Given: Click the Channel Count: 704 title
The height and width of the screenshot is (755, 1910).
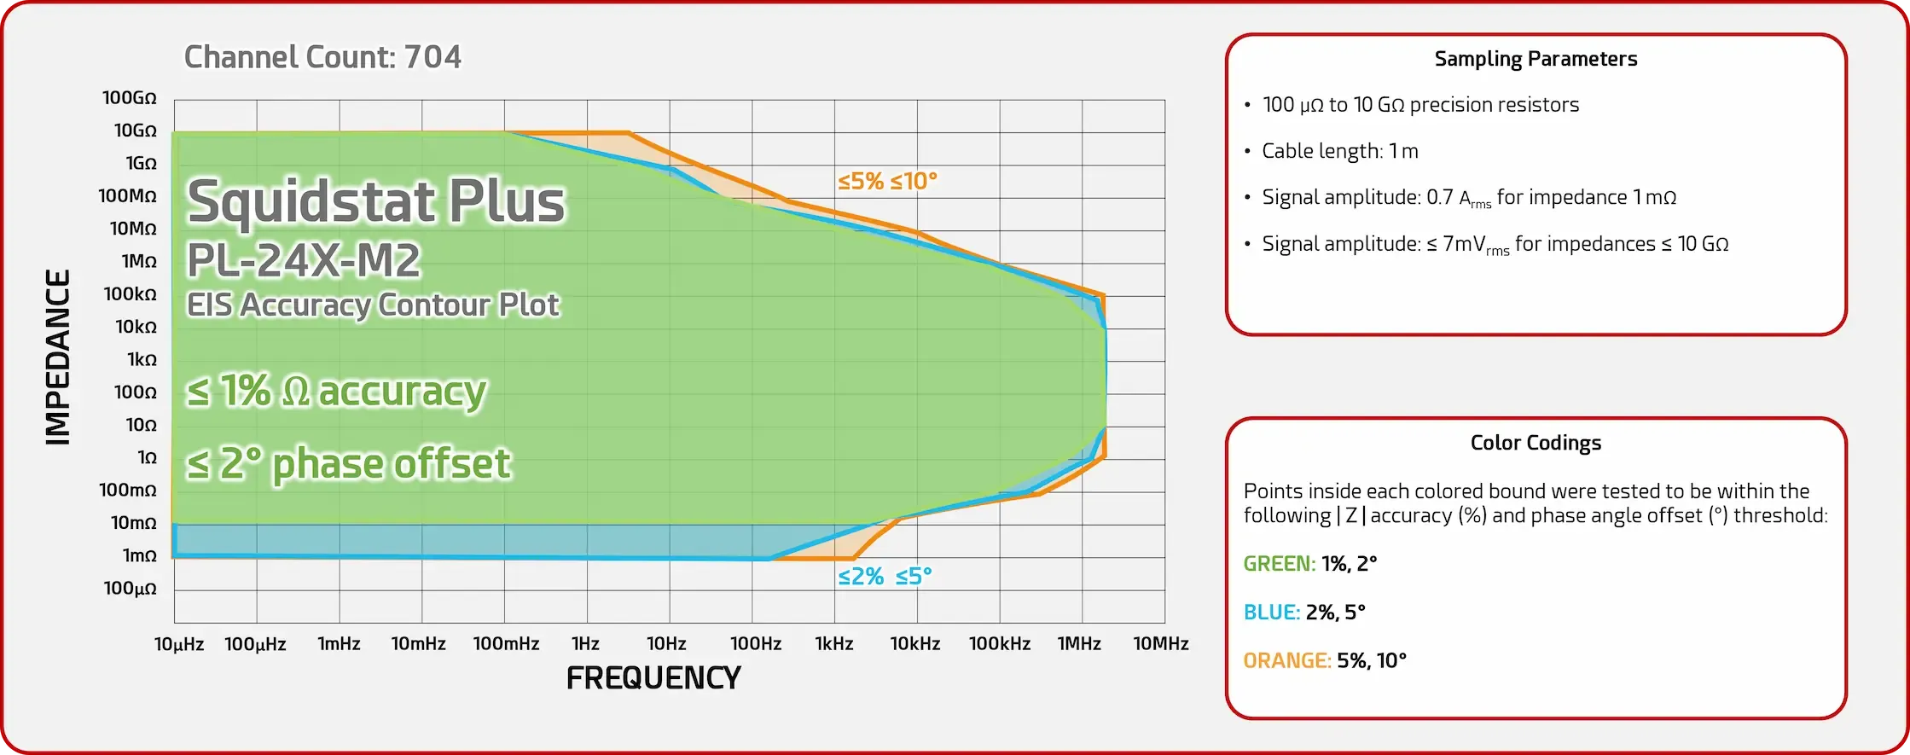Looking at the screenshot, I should click(322, 57).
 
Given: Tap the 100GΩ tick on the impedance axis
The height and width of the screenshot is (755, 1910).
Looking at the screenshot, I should click(130, 98).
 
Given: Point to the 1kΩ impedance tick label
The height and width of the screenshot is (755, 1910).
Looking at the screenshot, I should click(142, 360).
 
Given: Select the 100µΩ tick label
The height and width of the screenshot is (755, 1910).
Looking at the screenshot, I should click(131, 589).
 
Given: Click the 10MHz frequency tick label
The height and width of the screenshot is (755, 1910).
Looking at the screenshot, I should click(1160, 644).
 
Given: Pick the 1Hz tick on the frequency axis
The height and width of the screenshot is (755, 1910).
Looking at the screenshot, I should click(585, 644).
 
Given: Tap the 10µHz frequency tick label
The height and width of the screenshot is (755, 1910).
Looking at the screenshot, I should click(179, 644).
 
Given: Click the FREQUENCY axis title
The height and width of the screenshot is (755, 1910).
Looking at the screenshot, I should click(653, 678).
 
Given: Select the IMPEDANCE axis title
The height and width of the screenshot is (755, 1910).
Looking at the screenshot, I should click(58, 357).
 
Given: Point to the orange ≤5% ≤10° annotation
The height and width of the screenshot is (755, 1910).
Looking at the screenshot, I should click(887, 181).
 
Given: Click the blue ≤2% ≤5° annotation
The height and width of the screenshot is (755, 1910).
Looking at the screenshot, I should click(885, 577).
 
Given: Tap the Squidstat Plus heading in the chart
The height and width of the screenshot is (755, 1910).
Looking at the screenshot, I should click(376, 201).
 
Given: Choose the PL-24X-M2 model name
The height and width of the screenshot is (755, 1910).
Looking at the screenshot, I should click(304, 260).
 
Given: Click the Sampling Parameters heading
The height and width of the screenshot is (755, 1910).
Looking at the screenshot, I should click(1536, 59).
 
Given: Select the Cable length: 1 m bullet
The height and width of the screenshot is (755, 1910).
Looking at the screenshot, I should click(1339, 151).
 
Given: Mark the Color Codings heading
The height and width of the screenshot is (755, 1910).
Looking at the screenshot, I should click(1536, 443).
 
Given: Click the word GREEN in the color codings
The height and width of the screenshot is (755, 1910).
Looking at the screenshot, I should click(1279, 564).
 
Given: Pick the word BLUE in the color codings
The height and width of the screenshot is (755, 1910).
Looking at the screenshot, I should click(1271, 613).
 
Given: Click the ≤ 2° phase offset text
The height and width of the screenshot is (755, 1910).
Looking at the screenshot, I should click(349, 464).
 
